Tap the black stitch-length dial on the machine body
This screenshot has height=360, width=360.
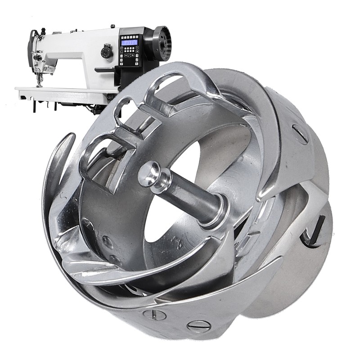(x=107, y=53)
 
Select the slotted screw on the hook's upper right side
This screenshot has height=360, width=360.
(x=300, y=134)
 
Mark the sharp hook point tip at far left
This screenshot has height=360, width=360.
(x=72, y=135)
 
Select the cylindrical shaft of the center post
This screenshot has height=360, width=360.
(x=189, y=198)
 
